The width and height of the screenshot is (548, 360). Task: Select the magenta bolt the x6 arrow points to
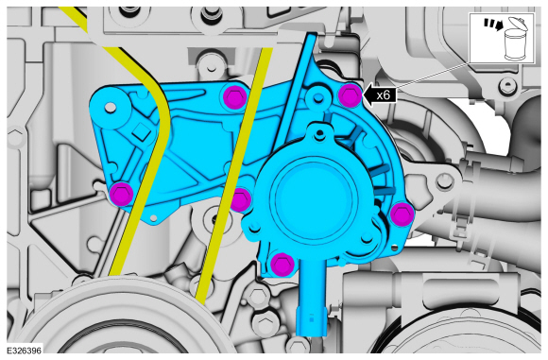click(350, 94)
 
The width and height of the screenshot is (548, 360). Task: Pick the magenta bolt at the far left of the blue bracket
click(119, 195)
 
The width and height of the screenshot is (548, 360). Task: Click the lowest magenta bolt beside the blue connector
click(280, 264)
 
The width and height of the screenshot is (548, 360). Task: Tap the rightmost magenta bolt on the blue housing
click(401, 214)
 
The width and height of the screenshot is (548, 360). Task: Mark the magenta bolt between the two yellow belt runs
click(232, 97)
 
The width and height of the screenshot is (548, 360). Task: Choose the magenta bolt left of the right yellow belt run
click(241, 198)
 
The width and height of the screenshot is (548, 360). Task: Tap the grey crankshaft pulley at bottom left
click(104, 331)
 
